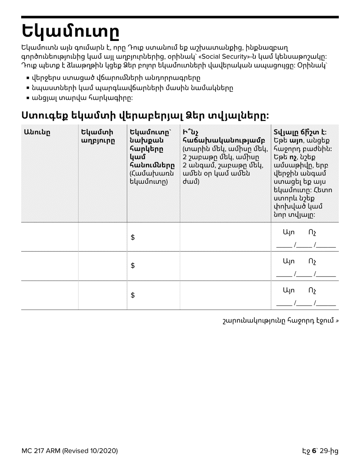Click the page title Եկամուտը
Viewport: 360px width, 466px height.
click(71, 32)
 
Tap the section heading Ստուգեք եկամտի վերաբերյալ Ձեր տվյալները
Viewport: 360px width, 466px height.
click(145, 115)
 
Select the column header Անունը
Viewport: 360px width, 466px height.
click(37, 132)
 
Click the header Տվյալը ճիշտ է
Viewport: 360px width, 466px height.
click(299, 132)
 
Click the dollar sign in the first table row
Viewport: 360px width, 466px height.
click(133, 237)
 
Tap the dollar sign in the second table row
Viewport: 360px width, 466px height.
click(133, 266)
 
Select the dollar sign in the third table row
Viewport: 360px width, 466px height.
click(133, 295)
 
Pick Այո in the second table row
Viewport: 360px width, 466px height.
click(289, 261)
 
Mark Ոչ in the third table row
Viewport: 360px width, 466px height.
click(312, 291)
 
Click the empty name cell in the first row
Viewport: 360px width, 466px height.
click(50, 237)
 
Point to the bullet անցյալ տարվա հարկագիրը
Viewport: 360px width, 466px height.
click(82, 98)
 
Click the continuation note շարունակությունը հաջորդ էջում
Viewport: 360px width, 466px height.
click(280, 321)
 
